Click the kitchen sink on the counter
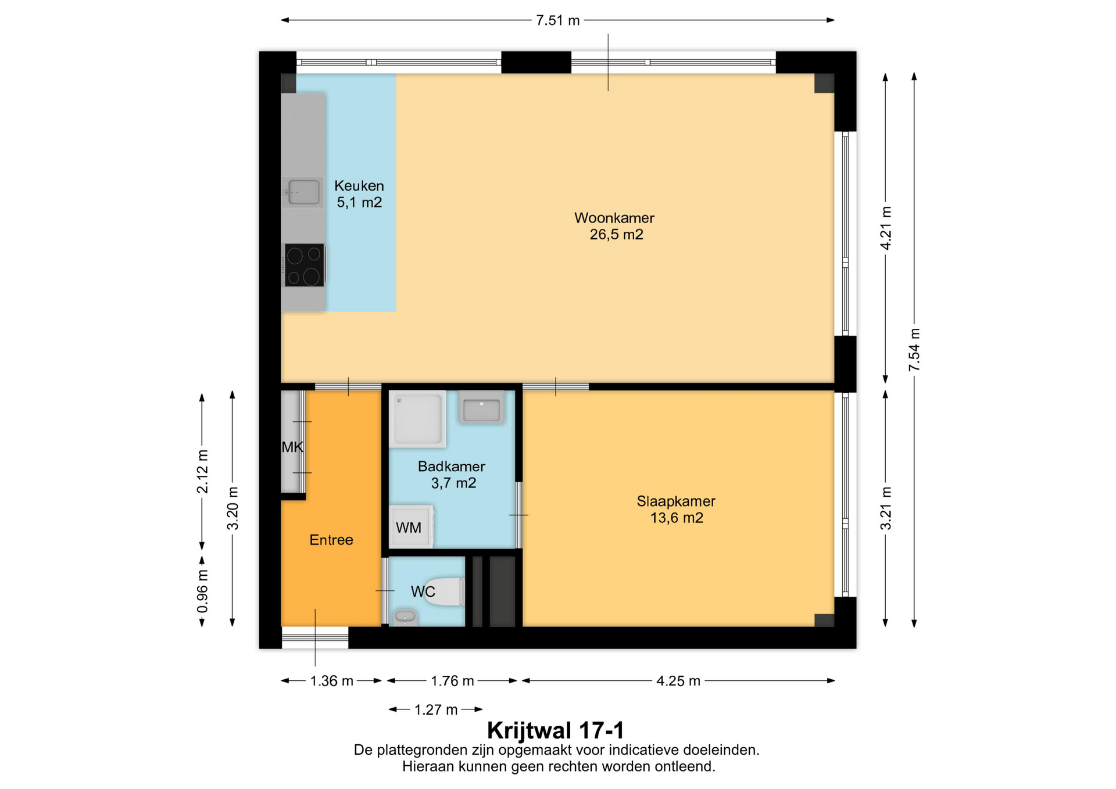[x=302, y=192]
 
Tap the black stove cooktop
[x=305, y=265]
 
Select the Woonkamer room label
[x=615, y=226]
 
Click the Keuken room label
[x=359, y=194]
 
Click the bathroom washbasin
[x=481, y=407]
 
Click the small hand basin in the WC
[x=405, y=617]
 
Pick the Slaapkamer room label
[x=676, y=509]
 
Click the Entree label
[x=331, y=540]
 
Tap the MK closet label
[x=292, y=447]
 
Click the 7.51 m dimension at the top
[x=558, y=20]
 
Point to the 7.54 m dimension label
[x=914, y=350]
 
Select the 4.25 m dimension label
[x=678, y=681]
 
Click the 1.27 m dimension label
[x=436, y=709]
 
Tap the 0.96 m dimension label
[x=202, y=591]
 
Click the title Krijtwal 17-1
[x=556, y=730]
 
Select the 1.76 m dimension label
[x=452, y=681]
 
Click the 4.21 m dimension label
[x=886, y=228]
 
